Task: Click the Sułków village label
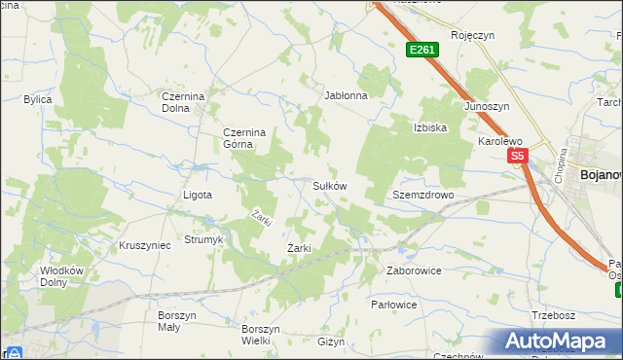tap(329, 185)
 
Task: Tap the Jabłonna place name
tap(346, 96)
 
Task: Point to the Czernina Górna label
tap(238, 137)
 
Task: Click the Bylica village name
tap(38, 99)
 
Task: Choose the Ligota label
tap(198, 195)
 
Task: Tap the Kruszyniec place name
tap(144, 245)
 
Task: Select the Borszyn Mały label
tap(177, 322)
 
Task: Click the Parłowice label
tap(394, 305)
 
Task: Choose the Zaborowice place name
tap(414, 270)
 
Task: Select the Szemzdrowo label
tap(423, 195)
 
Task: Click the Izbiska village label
tap(429, 127)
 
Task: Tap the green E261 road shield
tap(421, 50)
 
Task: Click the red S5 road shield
tap(517, 156)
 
